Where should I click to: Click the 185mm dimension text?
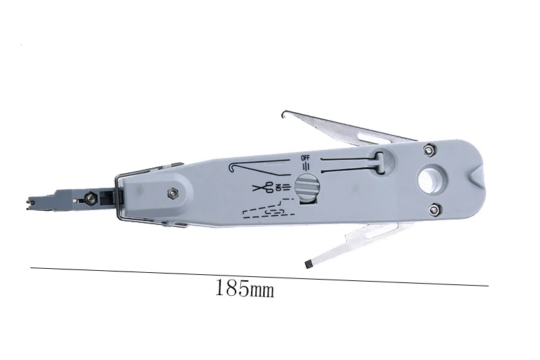coord(245,288)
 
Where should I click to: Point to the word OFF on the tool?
coord(306,158)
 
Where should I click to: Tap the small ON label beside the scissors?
coord(279,187)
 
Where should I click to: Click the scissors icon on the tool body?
coord(263,187)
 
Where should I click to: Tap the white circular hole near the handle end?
coord(432,179)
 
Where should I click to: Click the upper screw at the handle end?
coord(428,150)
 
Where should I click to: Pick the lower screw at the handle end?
coord(435,209)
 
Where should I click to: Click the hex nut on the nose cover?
coord(172,194)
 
